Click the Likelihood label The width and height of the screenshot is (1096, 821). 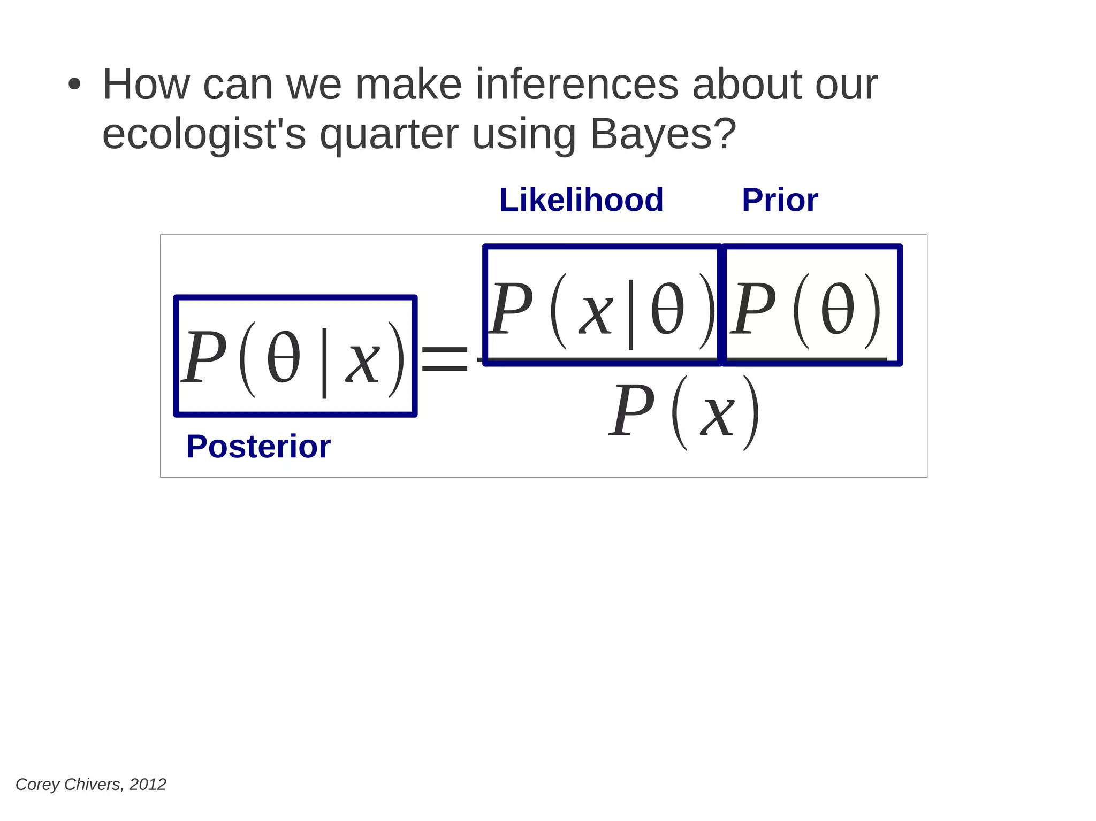[581, 200]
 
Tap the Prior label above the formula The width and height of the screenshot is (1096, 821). [780, 200]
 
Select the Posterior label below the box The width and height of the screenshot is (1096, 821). [258, 447]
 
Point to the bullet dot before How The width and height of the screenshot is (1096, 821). [74, 85]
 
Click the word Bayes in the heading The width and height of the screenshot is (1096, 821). [656, 134]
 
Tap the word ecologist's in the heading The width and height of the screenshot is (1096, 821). [204, 134]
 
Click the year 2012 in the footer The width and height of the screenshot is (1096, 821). [148, 784]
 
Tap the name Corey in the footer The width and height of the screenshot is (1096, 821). [37, 784]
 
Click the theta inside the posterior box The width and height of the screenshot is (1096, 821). [283, 358]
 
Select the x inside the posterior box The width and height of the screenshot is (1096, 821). [363, 363]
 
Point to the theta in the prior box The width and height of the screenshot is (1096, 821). [837, 309]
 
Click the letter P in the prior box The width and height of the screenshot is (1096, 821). [753, 309]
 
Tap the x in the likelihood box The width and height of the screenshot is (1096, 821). [596, 314]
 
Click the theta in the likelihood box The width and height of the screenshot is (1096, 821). [667, 309]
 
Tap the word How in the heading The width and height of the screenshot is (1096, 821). [146, 85]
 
